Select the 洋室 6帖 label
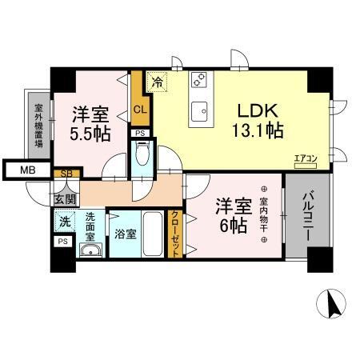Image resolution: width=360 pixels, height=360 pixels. (232, 214)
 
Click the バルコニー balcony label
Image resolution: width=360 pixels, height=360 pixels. (308, 218)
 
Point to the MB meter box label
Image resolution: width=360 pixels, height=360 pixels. (27, 170)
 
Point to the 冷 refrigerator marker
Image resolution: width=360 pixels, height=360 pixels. (158, 81)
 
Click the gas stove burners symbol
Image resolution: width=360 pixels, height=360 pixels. (199, 81)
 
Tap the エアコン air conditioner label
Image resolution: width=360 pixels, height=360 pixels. (305, 158)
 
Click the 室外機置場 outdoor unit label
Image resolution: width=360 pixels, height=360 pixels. (38, 127)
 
